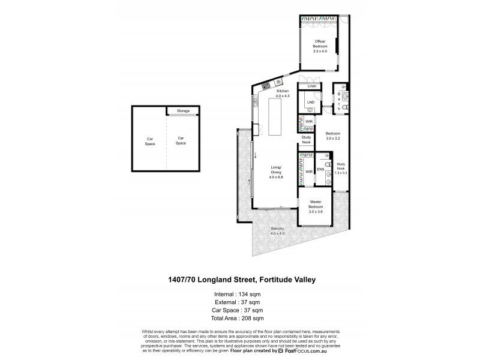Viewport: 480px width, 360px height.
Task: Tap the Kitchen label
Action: point(283,93)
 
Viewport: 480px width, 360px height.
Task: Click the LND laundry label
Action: point(310,103)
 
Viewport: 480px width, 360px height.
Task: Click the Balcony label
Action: point(277,231)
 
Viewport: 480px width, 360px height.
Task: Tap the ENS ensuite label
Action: point(320,170)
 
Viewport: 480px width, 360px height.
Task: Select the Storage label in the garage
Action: point(183,111)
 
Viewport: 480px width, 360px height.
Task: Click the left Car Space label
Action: point(150,141)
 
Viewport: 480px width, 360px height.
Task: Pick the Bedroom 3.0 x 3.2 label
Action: point(333,136)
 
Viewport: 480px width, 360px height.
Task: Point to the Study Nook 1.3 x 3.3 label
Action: point(341,168)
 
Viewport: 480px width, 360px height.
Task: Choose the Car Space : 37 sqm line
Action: point(239,310)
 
